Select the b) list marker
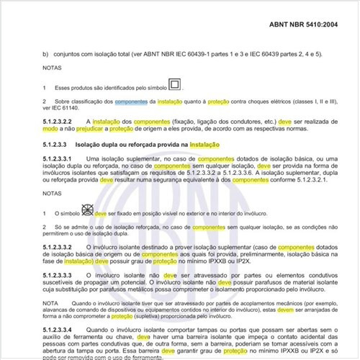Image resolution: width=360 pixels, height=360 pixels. click(x=45, y=54)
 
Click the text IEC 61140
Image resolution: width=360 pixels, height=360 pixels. click(x=67, y=109)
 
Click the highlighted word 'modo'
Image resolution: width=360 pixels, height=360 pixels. click(x=50, y=130)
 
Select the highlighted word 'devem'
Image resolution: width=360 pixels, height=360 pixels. click(x=281, y=307)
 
